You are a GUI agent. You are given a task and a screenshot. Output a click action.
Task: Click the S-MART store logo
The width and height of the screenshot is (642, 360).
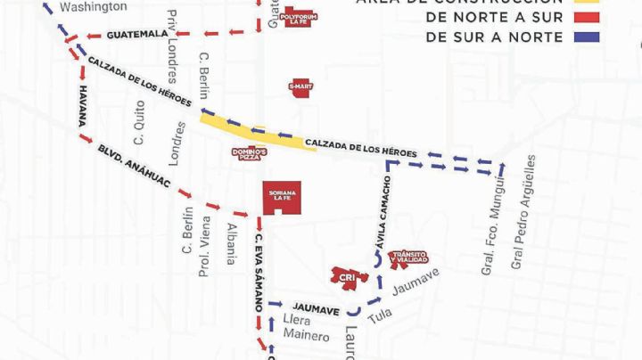[x=300, y=86]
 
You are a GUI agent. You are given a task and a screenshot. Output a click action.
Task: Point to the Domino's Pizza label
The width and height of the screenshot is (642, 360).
[x=246, y=155]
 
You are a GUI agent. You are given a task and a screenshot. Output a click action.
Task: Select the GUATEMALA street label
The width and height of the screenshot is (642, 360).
[x=136, y=35]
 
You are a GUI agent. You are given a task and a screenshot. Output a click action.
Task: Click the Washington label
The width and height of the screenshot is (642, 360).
[x=93, y=7]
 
